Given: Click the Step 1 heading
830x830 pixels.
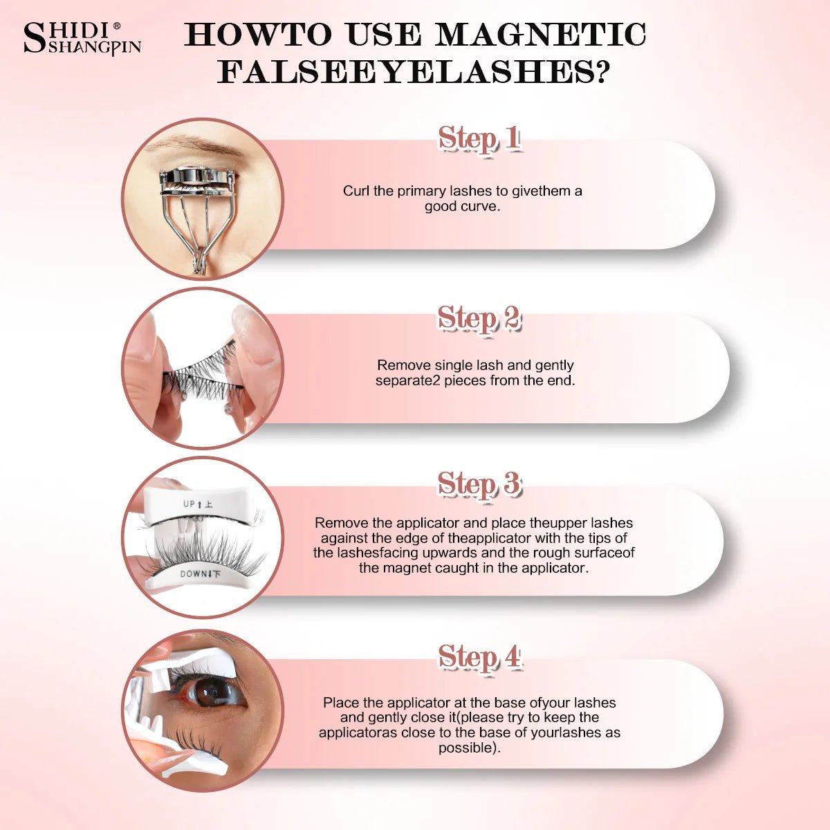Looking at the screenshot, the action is (x=479, y=139).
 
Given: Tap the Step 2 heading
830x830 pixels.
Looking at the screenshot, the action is (x=479, y=319).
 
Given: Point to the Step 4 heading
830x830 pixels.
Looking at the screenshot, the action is (x=480, y=658).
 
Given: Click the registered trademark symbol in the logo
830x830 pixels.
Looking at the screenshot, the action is (x=116, y=26).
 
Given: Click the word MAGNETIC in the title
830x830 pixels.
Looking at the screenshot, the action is (x=540, y=35).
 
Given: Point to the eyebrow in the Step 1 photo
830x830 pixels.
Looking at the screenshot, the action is (x=194, y=145).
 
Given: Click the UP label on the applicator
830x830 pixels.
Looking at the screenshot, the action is (x=190, y=504).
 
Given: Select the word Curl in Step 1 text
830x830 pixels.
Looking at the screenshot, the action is (x=356, y=191).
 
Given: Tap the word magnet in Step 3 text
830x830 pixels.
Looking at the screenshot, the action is (x=407, y=568).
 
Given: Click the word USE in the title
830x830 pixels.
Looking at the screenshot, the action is (x=384, y=35).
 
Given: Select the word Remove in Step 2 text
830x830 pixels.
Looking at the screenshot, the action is (x=404, y=365).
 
